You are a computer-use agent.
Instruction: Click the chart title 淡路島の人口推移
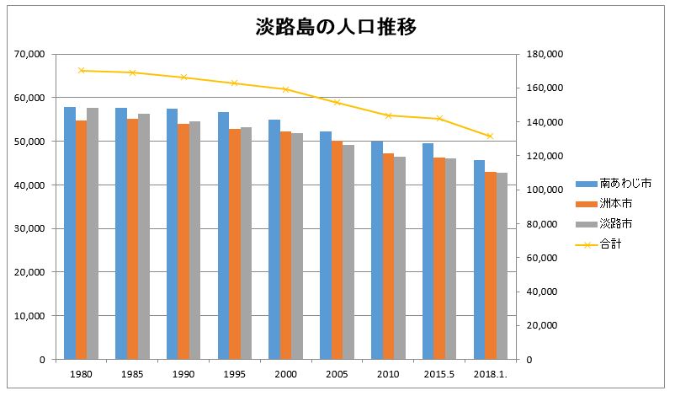pyautogui.click(x=337, y=27)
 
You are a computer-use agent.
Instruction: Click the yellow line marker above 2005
pyautogui.click(x=337, y=103)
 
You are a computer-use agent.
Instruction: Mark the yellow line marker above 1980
pyautogui.click(x=81, y=71)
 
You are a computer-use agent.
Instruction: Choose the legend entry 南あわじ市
pyautogui.click(x=614, y=183)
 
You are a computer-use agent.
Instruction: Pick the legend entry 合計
pyautogui.click(x=603, y=244)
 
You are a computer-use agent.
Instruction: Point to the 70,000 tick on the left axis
pyautogui.click(x=29, y=54)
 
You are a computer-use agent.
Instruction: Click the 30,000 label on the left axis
pyautogui.click(x=29, y=228)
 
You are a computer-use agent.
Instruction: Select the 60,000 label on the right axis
pyautogui.click(x=543, y=258)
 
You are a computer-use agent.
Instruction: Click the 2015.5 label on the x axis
pyautogui.click(x=438, y=374)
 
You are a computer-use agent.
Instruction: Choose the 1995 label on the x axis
pyautogui.click(x=235, y=374)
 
